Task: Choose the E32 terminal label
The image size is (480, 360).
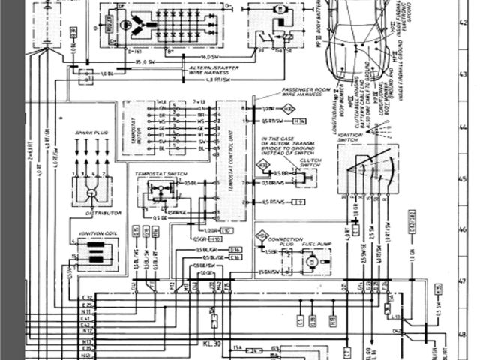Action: point(88,306)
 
